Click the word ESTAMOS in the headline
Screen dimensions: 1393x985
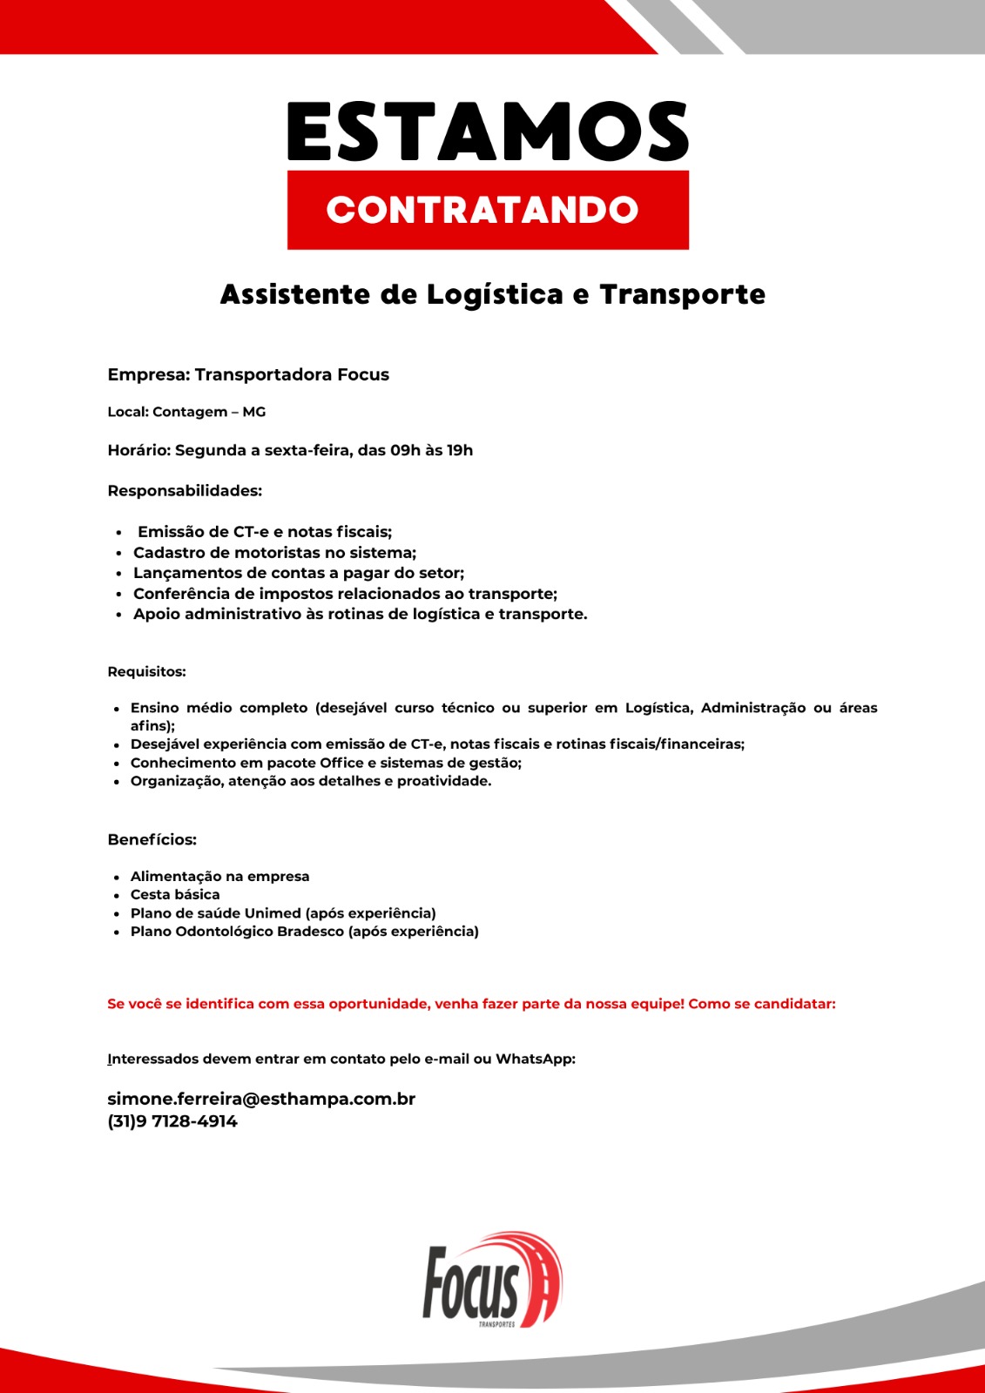click(x=488, y=131)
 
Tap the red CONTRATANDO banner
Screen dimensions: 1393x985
click(x=488, y=210)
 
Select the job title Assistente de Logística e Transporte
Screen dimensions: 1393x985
click(x=492, y=295)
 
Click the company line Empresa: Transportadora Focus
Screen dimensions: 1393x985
click(x=248, y=375)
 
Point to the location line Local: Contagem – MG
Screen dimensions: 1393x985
click(x=186, y=412)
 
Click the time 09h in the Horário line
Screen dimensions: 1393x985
click(x=405, y=451)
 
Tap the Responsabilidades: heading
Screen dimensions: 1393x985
click(x=185, y=491)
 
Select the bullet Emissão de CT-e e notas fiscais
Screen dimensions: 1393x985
click(x=265, y=532)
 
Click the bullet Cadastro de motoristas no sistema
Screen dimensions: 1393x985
click(x=274, y=553)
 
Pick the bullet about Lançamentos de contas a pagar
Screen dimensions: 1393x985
click(x=299, y=573)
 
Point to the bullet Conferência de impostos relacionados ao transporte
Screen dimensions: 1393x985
click(x=345, y=594)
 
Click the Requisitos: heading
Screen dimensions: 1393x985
click(x=146, y=672)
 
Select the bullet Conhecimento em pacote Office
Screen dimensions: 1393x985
click(x=326, y=763)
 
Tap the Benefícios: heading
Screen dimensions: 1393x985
click(x=152, y=840)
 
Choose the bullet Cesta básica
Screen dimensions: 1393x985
click(x=175, y=895)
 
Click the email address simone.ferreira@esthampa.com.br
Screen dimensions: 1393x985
click(x=261, y=1099)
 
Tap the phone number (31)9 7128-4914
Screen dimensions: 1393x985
click(x=172, y=1121)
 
